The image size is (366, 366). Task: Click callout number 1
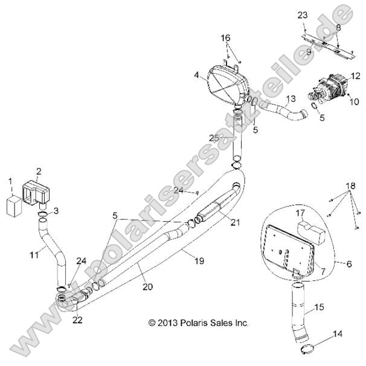pyautogui.click(x=10, y=181)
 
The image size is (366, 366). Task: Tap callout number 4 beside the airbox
pyautogui.click(x=197, y=75)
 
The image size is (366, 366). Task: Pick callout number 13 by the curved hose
pyautogui.click(x=291, y=98)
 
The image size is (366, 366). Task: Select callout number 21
pyautogui.click(x=234, y=222)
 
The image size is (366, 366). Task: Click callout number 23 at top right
pyautogui.click(x=303, y=14)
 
